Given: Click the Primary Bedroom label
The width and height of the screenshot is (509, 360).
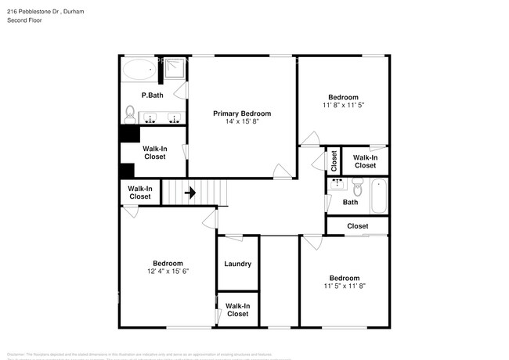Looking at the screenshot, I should (241, 113).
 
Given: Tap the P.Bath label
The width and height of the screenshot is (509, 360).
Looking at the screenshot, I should (152, 95).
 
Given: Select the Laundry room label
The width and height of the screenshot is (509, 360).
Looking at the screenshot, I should (237, 264).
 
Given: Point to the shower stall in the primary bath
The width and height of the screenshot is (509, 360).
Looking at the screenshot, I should (175, 70).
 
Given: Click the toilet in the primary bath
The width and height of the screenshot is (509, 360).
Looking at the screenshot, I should (130, 116).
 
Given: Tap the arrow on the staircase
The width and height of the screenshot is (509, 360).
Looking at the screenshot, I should (190, 192).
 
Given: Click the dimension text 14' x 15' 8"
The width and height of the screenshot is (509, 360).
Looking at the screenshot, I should (241, 122).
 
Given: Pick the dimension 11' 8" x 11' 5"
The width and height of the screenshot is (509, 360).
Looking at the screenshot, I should (343, 104).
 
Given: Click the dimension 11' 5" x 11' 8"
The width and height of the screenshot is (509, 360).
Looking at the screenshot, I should (344, 286).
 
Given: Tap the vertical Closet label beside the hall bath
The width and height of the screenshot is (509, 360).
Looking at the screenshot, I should (334, 161).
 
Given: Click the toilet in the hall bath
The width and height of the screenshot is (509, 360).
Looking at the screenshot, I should (358, 188).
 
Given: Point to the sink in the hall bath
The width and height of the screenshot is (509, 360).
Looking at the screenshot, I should (338, 185).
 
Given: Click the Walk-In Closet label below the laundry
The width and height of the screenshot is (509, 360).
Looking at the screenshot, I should (237, 310).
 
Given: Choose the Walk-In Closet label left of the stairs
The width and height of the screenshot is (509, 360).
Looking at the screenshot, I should (140, 193).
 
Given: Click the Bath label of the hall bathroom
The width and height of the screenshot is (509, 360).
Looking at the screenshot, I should (351, 203).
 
